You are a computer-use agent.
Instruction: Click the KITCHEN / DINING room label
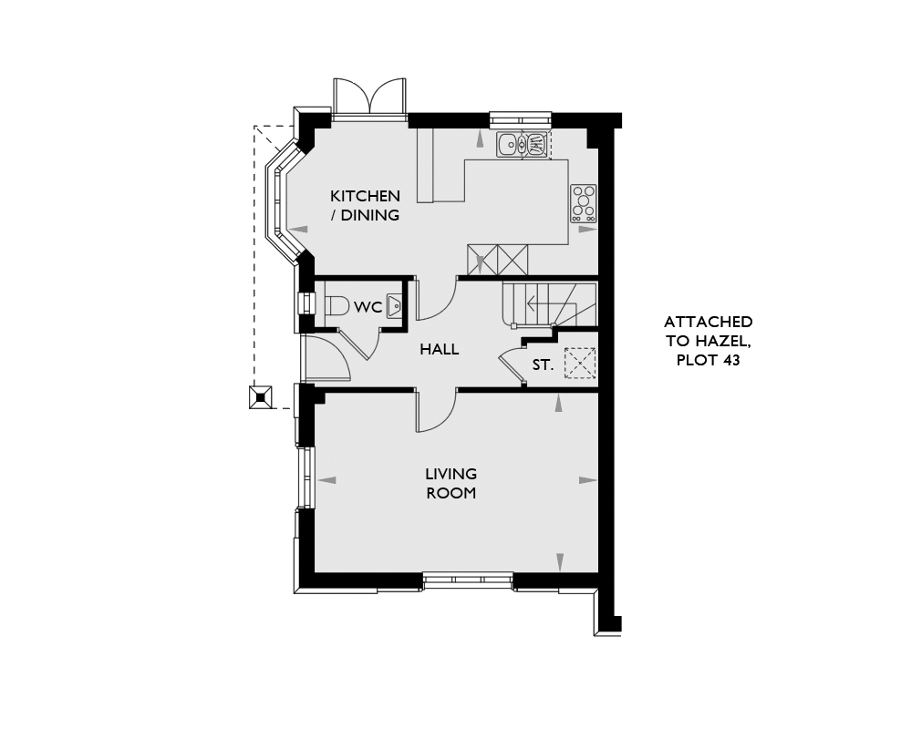pos(365,206)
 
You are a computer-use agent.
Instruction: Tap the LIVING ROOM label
pos(451,483)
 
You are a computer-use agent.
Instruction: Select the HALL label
pos(439,349)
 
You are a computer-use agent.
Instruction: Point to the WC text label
pos(368,307)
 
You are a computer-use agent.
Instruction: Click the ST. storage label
pos(543,364)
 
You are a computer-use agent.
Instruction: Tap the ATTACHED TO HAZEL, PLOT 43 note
pos(708,341)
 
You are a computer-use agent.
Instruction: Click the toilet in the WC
pos(337,304)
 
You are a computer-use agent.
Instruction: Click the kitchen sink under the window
pos(523,144)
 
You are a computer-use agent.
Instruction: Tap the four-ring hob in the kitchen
pos(584,204)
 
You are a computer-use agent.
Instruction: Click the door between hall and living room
pos(436,411)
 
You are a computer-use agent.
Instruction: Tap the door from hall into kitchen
pos(436,299)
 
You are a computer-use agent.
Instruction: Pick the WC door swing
pos(359,344)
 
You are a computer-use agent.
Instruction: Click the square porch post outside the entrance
pos(260,397)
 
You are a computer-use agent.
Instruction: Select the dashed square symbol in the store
pos(580,363)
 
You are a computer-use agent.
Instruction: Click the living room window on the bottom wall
pos(468,580)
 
